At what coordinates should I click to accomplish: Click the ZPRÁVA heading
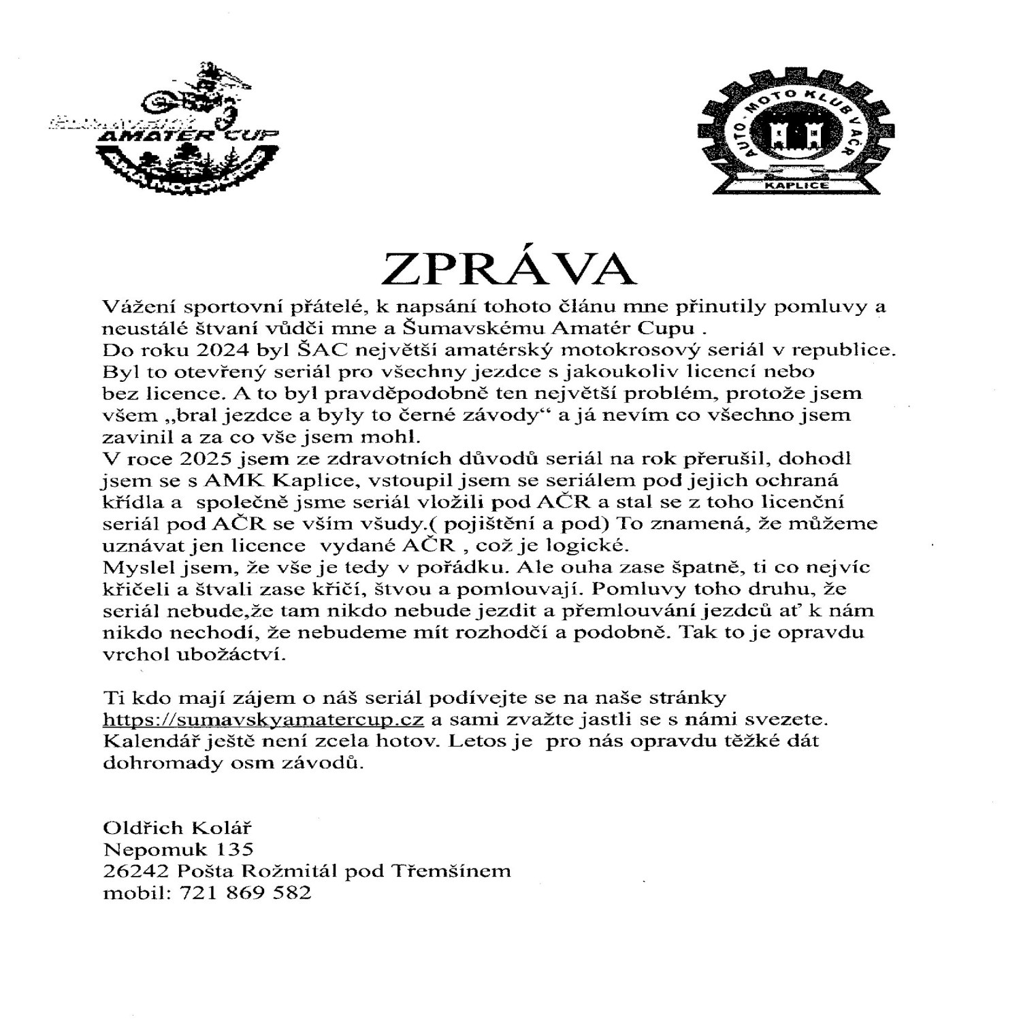(509, 269)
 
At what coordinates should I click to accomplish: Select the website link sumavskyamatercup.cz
(263, 719)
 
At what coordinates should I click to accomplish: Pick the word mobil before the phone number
(132, 892)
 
